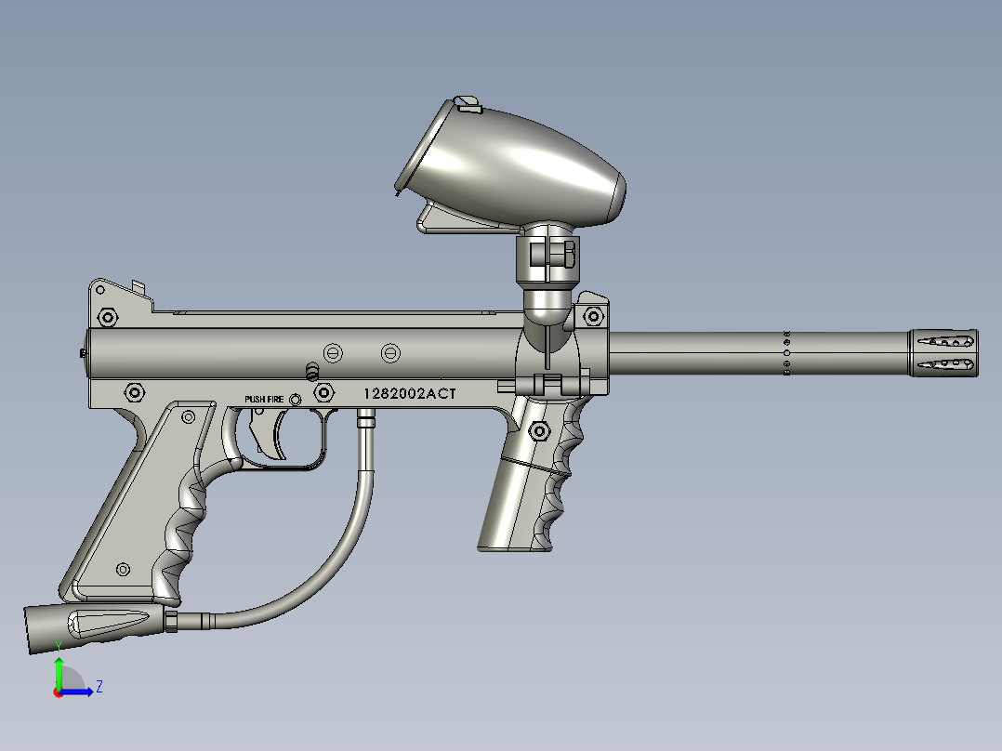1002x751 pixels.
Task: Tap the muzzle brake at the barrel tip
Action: point(943,352)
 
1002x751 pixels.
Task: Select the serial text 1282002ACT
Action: point(410,394)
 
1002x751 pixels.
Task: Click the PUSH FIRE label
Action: point(265,399)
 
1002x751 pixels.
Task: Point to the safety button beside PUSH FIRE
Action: point(296,400)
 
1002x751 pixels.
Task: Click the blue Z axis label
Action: point(99,687)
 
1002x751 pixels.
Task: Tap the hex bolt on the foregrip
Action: point(537,431)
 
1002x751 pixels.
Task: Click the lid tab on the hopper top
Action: point(468,104)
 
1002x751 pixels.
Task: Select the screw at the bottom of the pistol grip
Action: point(122,569)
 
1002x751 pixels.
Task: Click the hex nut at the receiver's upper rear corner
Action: point(107,318)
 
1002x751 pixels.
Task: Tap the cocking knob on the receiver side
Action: point(312,371)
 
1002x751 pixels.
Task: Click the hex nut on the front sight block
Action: point(592,317)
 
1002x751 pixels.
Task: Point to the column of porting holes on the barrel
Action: point(786,353)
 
